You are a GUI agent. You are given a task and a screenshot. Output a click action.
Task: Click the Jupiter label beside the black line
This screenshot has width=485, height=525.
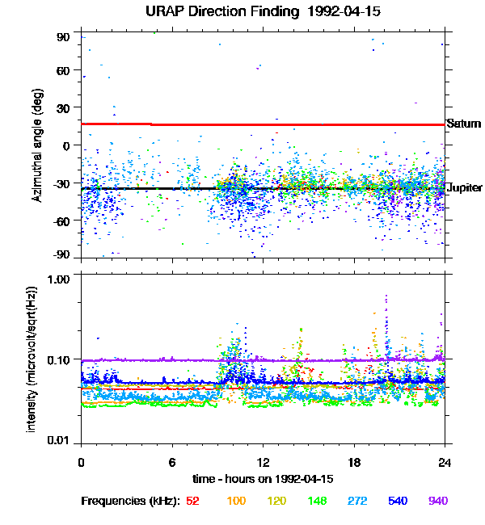point(465,188)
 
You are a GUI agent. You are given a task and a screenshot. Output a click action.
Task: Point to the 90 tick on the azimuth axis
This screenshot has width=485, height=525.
point(65,37)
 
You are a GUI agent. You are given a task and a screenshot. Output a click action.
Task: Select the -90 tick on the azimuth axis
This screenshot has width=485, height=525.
point(62,255)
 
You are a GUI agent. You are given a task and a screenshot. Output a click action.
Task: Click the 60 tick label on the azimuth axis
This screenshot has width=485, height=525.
point(65,71)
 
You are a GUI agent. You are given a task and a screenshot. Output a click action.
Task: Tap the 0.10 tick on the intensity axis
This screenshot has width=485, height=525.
point(61,359)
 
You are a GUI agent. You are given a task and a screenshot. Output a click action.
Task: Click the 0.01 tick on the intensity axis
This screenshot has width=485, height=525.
point(61,441)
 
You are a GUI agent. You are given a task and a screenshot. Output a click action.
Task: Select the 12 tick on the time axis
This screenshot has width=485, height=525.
point(263,463)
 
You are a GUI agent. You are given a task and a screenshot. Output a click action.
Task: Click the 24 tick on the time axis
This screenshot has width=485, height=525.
point(445,463)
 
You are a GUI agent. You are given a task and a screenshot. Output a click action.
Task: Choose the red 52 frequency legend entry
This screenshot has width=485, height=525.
point(192,501)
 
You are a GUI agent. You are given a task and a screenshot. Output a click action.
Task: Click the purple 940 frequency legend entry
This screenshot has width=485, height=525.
point(437,501)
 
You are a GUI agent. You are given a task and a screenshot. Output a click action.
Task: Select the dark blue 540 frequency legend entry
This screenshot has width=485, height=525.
point(397,501)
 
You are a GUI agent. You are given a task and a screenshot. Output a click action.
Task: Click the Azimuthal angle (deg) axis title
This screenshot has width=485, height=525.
point(36,145)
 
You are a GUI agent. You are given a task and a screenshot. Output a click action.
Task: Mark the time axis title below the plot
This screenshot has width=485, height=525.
point(263,480)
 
